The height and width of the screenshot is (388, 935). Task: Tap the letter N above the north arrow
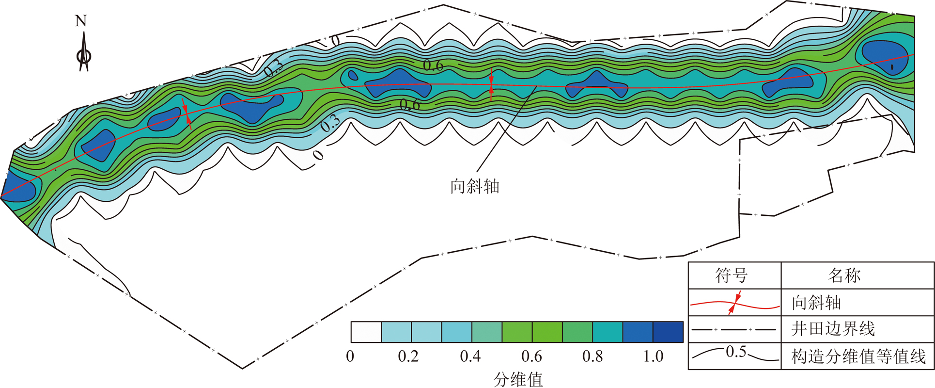pos(81,21)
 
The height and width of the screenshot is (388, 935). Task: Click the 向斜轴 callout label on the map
pos(475,187)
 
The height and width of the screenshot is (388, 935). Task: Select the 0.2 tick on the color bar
pos(408,356)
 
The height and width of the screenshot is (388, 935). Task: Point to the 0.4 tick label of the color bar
pos(470,356)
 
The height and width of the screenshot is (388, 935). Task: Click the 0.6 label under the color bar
pos(531,356)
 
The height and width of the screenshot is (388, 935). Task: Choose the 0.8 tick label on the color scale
pos(592,356)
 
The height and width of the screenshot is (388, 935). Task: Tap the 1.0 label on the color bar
pos(653,356)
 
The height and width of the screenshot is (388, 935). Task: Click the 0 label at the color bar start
pos(350,356)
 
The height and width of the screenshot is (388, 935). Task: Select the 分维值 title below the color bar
pos(518,379)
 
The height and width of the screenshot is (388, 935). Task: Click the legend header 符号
pos(732,275)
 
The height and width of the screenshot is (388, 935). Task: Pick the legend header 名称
pos(844,275)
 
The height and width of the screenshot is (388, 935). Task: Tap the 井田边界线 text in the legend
pos(833,329)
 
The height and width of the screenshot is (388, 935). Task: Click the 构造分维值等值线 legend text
pos(858,356)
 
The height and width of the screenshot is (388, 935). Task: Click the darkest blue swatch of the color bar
pos(668,332)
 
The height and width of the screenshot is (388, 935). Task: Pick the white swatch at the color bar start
pos(366,332)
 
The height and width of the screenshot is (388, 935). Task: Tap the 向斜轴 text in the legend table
pos(816,303)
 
